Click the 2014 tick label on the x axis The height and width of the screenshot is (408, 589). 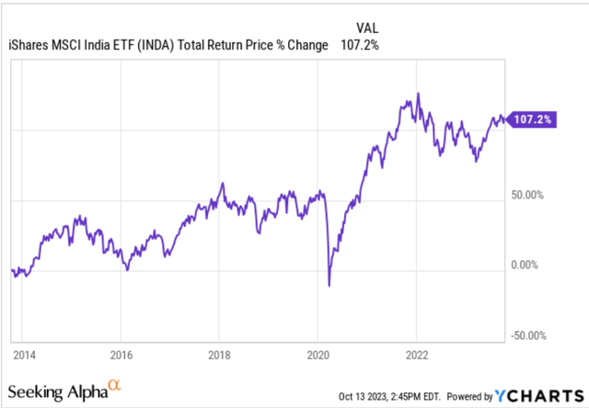tap(24, 352)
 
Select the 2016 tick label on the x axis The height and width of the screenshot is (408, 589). tap(121, 352)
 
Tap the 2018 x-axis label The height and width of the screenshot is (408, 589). tap(219, 352)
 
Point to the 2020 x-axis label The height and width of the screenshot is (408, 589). tap(318, 352)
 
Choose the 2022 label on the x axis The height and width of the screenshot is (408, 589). tap(416, 352)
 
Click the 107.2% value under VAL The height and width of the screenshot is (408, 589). tap(365, 44)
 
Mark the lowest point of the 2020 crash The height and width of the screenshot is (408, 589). tap(329, 285)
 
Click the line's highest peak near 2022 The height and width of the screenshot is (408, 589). tap(419, 93)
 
